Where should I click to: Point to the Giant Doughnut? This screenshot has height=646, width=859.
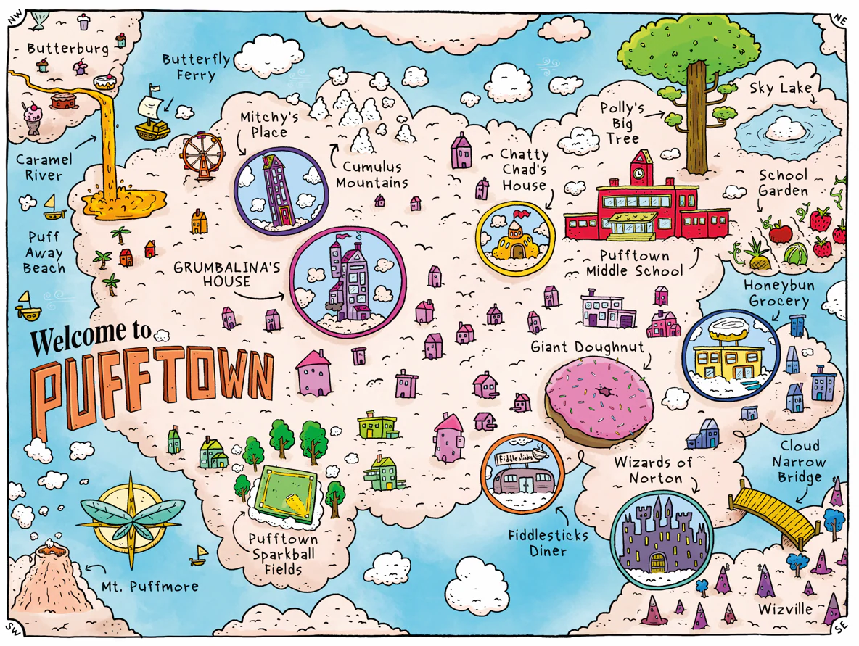(599, 397)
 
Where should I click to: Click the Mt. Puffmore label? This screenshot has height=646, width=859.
(149, 587)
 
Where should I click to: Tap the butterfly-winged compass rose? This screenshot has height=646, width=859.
(131, 519)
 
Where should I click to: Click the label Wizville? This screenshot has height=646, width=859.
(786, 608)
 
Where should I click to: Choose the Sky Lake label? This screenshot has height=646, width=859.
(780, 88)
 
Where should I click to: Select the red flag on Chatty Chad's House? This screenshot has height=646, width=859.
(524, 213)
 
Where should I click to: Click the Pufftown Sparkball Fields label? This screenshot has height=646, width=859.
(283, 554)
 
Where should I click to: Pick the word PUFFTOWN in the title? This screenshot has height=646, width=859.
(153, 391)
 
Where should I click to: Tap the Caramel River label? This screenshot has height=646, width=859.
(44, 167)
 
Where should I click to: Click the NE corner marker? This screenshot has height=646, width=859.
(839, 18)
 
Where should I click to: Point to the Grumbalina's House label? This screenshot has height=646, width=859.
(227, 274)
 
